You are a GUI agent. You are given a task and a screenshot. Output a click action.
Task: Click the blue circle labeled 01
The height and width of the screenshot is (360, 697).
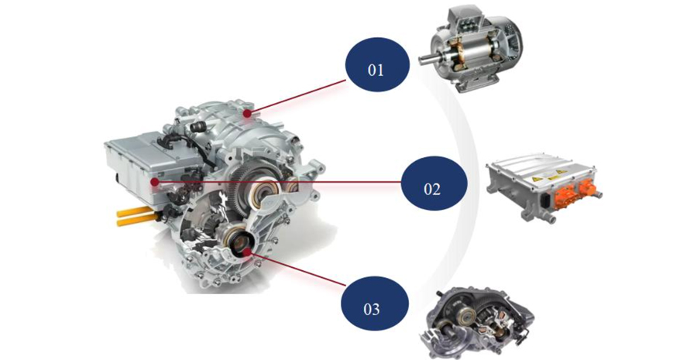pos(377,64)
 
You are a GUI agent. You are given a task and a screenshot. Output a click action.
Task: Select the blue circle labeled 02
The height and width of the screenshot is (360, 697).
pos(434,183)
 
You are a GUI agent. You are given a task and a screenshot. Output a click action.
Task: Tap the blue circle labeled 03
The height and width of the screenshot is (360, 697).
pos(374,303)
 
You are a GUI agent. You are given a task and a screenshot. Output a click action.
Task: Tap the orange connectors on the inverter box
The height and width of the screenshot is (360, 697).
pos(573,194)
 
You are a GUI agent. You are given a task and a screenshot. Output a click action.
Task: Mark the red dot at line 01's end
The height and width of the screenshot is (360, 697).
pos(248,114)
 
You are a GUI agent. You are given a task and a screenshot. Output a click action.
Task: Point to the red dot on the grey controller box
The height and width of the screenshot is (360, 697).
pos(154,182)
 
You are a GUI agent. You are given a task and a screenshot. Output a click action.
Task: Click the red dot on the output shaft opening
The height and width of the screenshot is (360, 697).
pos(247,252)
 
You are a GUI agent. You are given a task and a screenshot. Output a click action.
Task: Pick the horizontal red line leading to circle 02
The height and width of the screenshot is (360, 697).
pos(278,182)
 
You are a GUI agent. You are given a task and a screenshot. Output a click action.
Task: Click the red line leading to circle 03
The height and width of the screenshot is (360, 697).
pos(297,269)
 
